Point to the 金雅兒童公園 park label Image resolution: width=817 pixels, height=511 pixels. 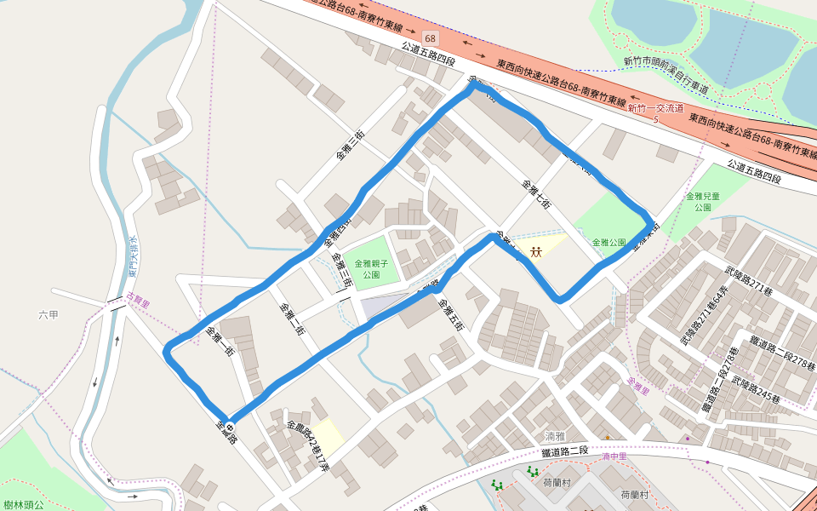(702, 201)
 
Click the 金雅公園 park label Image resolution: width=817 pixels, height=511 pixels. (609, 243)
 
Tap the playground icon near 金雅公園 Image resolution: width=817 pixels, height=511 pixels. (536, 251)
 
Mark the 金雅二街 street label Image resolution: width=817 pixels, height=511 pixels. (292, 320)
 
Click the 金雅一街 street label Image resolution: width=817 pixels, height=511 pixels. (220, 342)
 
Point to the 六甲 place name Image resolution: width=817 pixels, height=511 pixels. (49, 315)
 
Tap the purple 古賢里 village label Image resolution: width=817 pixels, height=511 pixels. (137, 300)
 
